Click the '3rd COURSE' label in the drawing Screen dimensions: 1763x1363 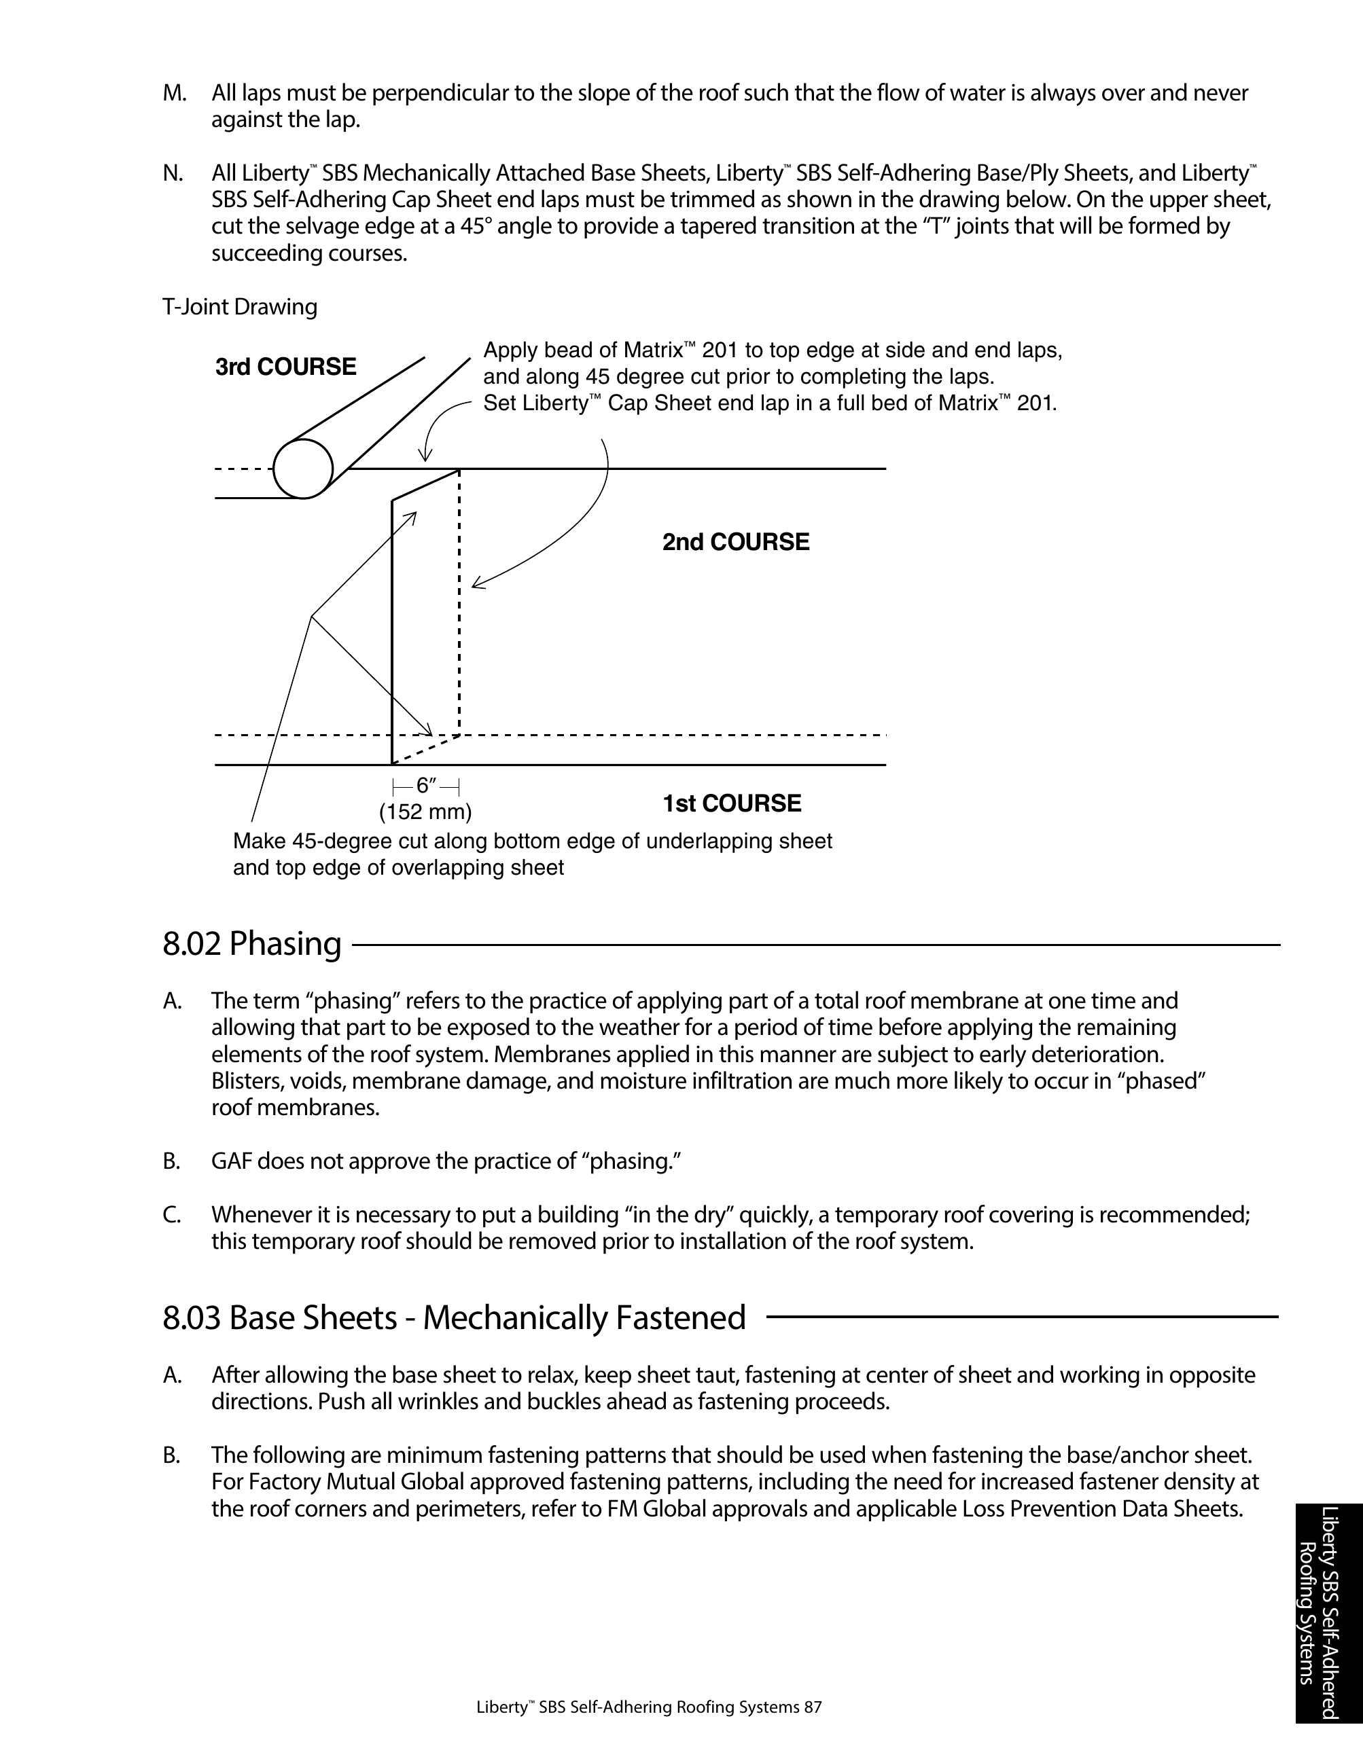tap(285, 367)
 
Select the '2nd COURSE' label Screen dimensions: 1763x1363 tap(736, 542)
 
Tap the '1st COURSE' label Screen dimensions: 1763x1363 tap(732, 803)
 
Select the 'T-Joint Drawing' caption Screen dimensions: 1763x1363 tap(240, 307)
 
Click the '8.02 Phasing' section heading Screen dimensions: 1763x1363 tap(252, 944)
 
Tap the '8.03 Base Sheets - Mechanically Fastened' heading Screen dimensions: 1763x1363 tap(454, 1317)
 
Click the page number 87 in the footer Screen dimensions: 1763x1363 tap(813, 1707)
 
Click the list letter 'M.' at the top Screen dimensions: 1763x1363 tap(175, 94)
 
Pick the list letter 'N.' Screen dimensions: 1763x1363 tap(173, 174)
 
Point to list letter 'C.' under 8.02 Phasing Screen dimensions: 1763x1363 tap(172, 1215)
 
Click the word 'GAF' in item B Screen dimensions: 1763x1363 tap(232, 1161)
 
